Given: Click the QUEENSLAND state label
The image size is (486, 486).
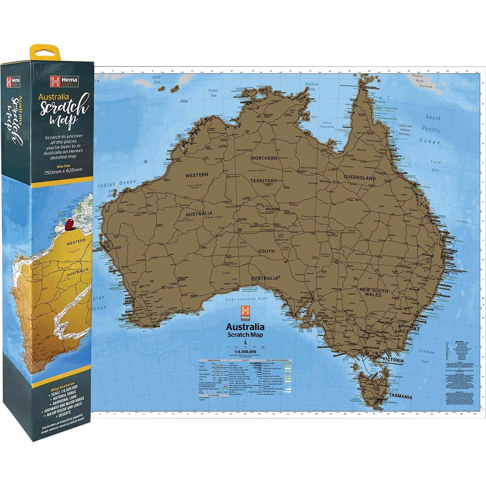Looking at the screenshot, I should click(359, 178).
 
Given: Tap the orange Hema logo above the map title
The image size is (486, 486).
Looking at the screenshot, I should click(245, 311).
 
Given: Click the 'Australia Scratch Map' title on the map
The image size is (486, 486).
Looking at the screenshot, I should click(245, 330).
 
